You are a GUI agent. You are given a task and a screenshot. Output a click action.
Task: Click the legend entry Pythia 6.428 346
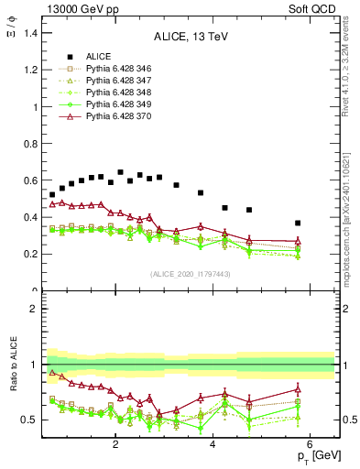[102, 69]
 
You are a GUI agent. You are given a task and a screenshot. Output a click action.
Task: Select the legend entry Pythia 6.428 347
[102, 81]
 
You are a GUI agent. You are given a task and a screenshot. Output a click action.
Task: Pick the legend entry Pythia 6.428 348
[102, 93]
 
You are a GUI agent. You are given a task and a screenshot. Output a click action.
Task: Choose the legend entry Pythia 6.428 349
[102, 104]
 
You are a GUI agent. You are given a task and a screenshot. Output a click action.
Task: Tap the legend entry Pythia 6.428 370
[102, 116]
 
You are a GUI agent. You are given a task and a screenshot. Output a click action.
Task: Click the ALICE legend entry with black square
[87, 57]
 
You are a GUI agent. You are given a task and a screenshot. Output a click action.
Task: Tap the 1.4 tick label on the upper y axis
[30, 33]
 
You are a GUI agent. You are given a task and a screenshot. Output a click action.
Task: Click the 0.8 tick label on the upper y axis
[30, 144]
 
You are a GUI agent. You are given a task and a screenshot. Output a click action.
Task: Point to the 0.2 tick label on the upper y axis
[30, 255]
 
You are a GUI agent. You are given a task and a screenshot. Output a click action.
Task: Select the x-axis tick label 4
[213, 445]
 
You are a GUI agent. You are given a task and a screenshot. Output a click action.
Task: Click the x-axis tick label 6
[311, 445]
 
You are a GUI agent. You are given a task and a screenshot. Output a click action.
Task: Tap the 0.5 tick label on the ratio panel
[28, 420]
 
